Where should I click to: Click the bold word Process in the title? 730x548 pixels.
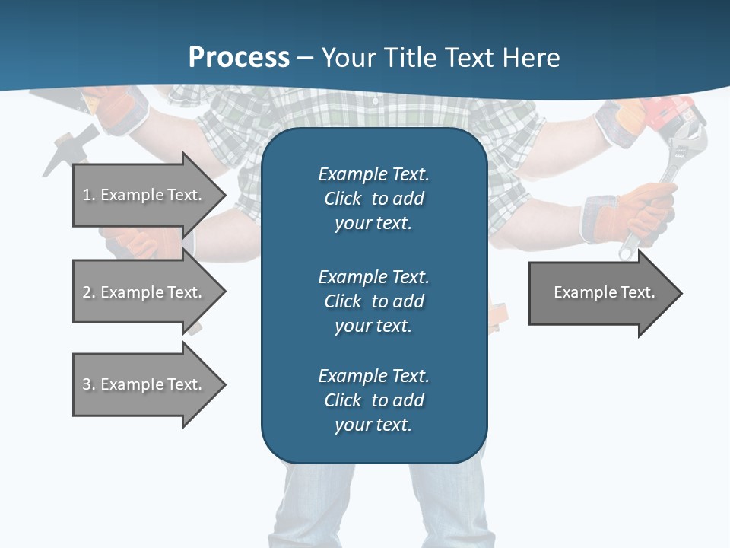[x=239, y=58]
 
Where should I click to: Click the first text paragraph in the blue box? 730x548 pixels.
[x=373, y=199]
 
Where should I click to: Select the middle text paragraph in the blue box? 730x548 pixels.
[x=373, y=301]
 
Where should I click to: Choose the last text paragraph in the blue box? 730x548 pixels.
[x=373, y=400]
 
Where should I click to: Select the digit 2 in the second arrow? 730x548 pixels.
[x=87, y=292]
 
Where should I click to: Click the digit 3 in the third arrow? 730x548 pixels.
[x=87, y=384]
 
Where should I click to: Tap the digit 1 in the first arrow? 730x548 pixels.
[x=87, y=195]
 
